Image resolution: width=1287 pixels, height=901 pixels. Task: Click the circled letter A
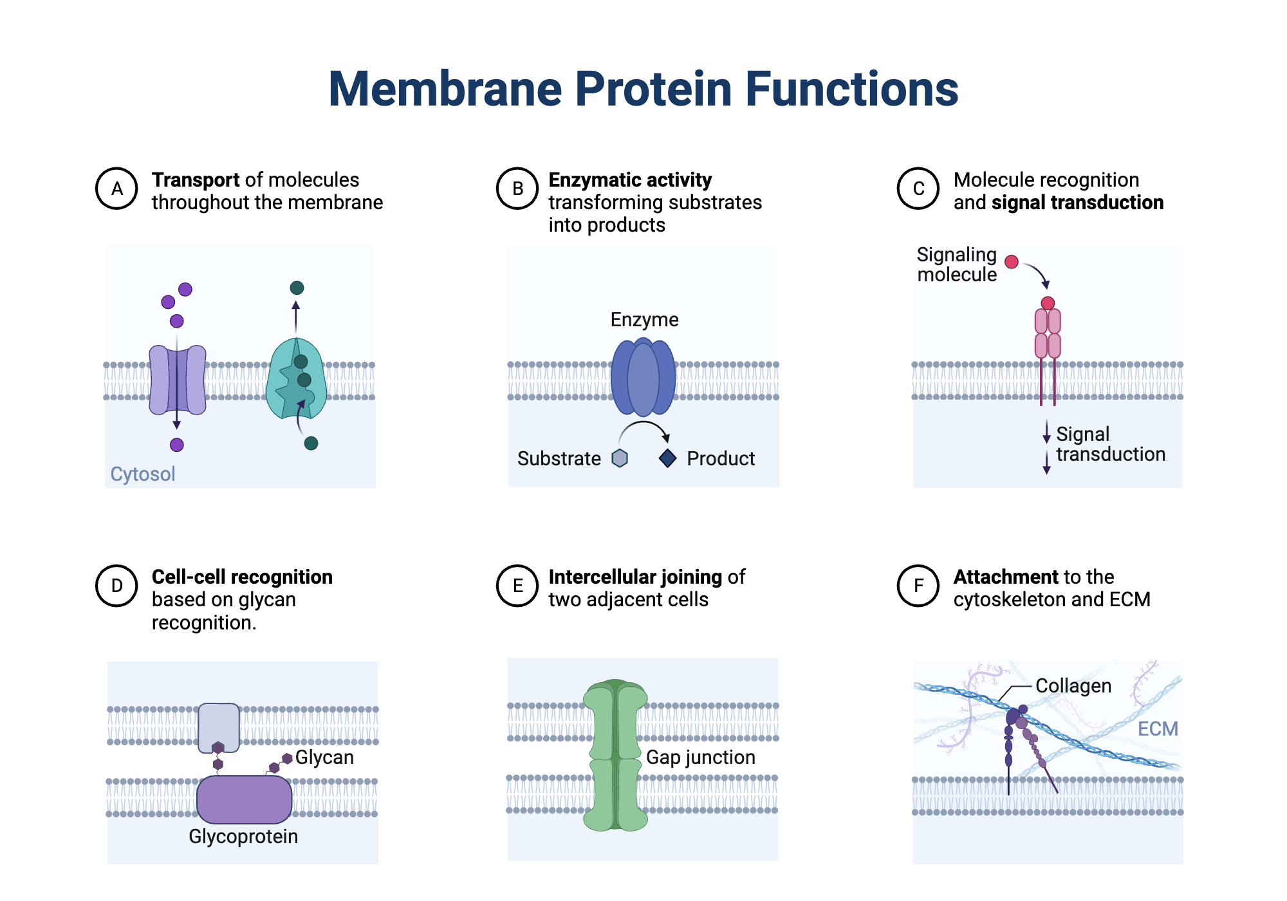pos(116,189)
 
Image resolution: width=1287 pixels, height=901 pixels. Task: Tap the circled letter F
pos(918,586)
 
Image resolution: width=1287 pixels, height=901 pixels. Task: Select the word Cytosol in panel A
pos(142,474)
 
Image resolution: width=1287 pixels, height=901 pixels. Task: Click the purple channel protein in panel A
pos(177,380)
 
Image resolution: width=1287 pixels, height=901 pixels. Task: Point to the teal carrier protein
pos(295,380)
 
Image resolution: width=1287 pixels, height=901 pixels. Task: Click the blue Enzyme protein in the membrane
pos(643,378)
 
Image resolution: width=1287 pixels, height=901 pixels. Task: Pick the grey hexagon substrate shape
pos(620,458)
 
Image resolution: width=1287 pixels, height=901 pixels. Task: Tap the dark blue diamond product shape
pos(667,458)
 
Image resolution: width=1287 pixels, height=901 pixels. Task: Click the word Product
pos(720,458)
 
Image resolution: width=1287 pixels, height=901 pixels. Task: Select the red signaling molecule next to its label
pos(1011,261)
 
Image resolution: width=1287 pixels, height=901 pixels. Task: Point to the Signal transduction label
pos(1110,444)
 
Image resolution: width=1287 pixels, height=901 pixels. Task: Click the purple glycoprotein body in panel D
pos(244,799)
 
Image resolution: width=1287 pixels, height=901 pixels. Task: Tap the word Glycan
pos(324,757)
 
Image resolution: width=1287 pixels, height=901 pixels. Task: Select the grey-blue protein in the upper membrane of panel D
pos(219,726)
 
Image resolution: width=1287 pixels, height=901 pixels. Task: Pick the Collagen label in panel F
pos(1073,685)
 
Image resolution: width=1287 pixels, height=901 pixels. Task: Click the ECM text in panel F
pos(1157,729)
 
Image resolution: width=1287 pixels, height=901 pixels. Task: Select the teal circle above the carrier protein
pos(297,288)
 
